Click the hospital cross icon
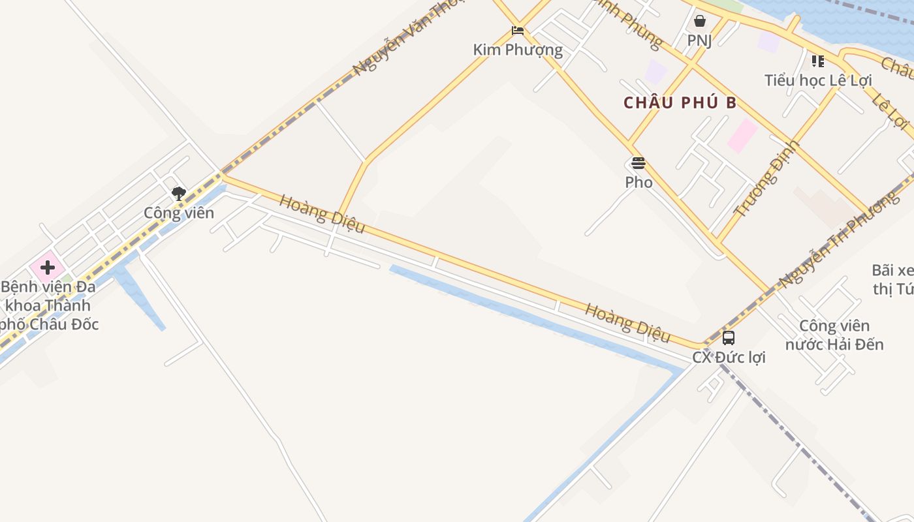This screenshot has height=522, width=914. (48, 267)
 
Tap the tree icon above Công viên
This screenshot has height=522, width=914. (178, 193)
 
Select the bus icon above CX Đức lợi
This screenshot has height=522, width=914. (729, 338)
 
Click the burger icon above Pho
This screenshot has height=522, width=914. (638, 163)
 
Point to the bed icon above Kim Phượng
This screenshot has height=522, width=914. (518, 30)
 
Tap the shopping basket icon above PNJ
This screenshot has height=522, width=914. (699, 21)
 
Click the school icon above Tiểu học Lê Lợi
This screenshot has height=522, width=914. (817, 61)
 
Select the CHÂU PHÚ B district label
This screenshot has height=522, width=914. (680, 103)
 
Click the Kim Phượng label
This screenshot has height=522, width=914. (518, 50)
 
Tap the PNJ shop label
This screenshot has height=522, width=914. (699, 40)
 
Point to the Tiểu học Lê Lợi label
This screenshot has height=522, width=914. (818, 81)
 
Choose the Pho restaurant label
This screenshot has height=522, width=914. (638, 182)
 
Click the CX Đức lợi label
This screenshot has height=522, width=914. (729, 358)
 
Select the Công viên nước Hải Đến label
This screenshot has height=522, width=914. (834, 335)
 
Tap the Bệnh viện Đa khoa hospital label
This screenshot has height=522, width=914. (49, 305)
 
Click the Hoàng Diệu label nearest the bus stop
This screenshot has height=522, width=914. (627, 322)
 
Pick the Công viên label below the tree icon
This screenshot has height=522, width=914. (179, 213)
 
